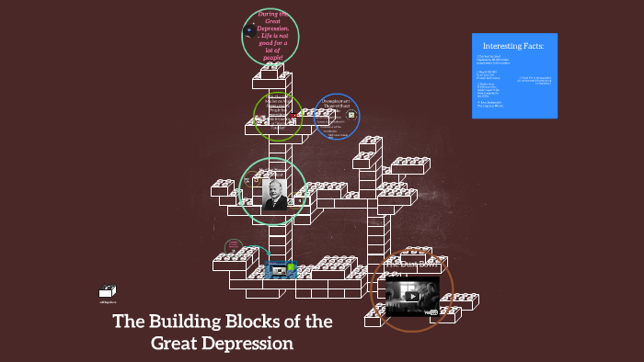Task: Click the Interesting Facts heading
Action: click(514, 45)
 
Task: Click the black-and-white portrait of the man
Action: click(273, 194)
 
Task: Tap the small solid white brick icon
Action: click(109, 290)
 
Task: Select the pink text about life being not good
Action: click(273, 35)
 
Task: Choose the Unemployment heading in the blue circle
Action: click(336, 102)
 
